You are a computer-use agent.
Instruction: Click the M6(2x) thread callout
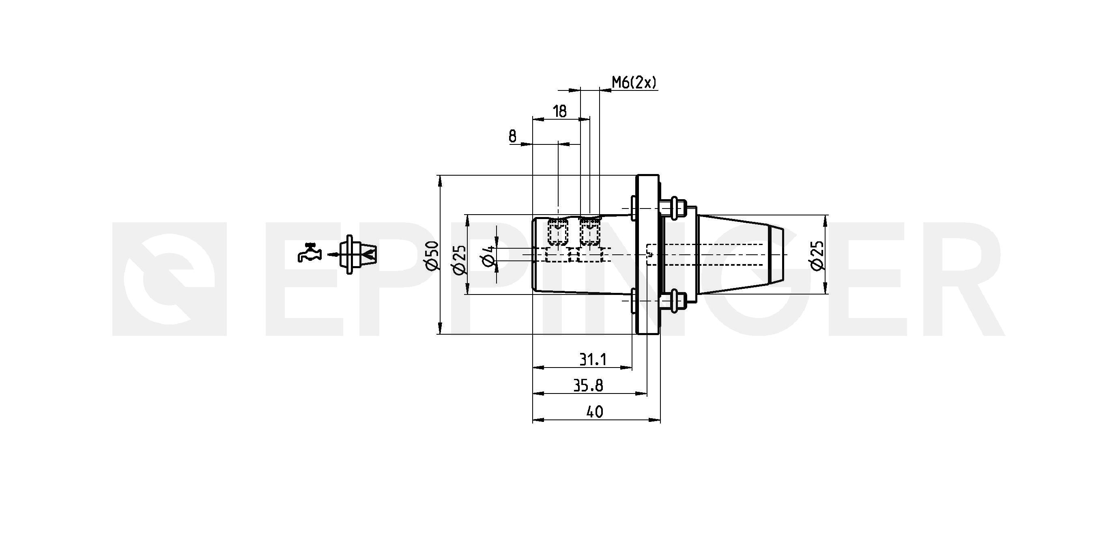pos(634,82)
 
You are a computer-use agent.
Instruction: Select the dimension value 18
pos(560,112)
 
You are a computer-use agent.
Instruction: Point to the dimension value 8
pos(513,137)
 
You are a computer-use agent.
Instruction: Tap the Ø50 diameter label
pos(433,256)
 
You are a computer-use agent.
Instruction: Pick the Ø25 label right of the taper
pos(818,256)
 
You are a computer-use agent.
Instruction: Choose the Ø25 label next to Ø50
pos(459,260)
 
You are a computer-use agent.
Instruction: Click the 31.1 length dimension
pos(593,359)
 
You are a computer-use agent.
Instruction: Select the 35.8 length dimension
pos(589,385)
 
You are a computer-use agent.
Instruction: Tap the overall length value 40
pos(595,412)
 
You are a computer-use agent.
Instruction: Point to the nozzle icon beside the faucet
pos(358,255)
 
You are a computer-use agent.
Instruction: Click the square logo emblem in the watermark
pos(169,279)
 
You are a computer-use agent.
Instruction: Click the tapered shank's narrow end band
pos(776,255)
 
